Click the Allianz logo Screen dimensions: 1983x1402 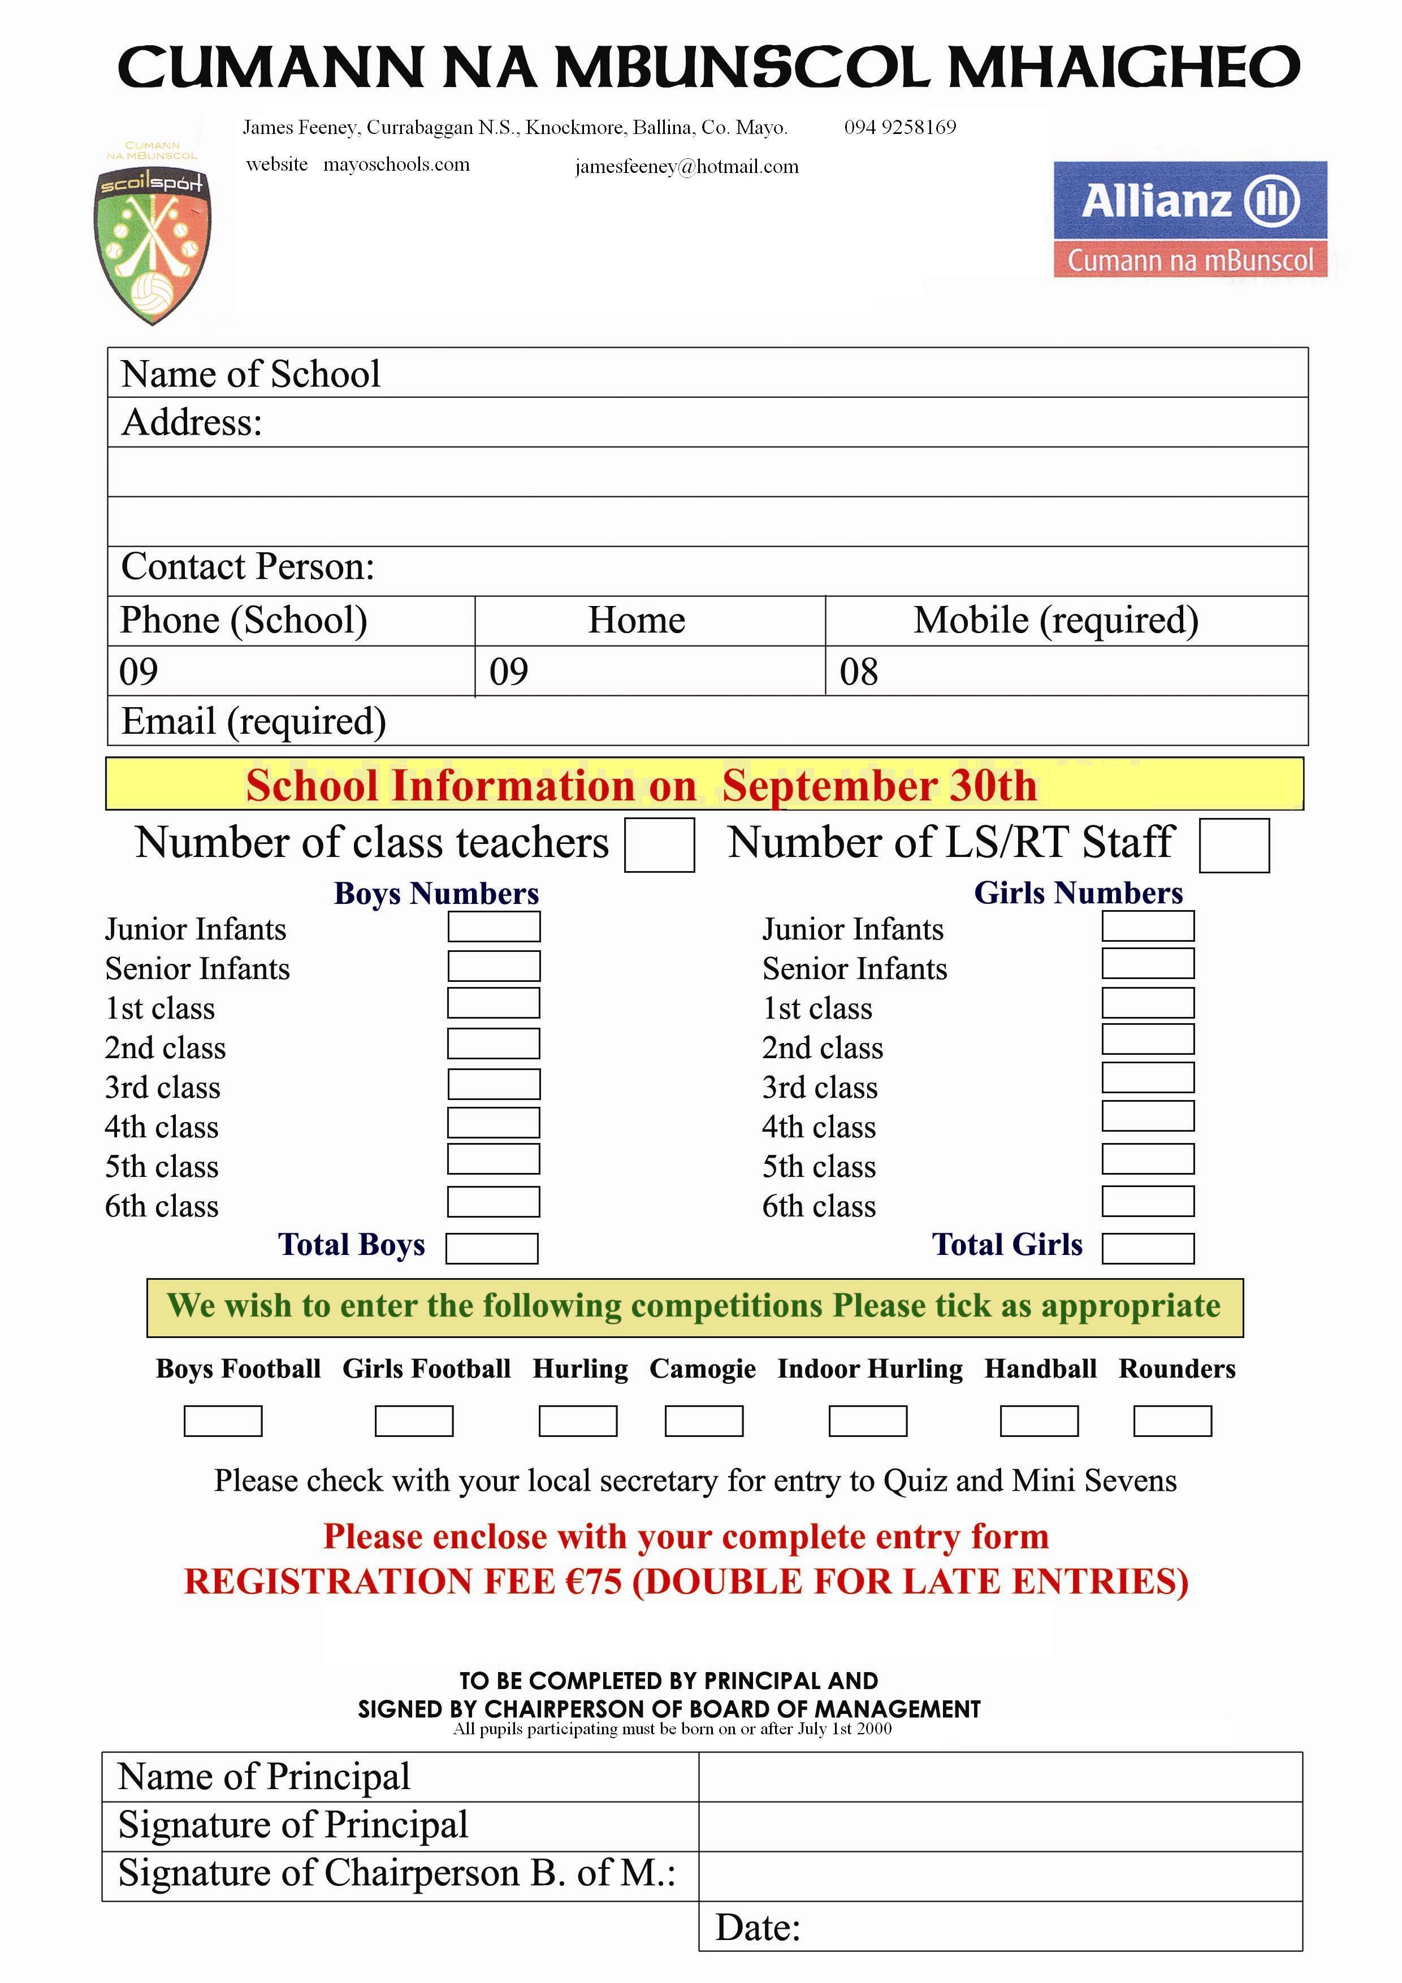1189,219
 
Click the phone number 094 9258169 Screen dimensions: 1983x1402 900,128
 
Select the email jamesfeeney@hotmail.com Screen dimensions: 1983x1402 687,167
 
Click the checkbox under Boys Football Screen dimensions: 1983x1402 223,1421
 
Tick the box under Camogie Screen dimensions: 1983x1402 703,1421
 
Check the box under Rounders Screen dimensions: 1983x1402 1172,1421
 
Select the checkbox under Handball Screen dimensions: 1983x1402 1038,1421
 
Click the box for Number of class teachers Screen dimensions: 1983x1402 659,845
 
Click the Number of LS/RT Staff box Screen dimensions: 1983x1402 1234,846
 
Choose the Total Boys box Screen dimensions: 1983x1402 491,1248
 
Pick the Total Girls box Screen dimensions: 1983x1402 1148,1248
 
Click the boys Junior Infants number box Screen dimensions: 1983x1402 494,926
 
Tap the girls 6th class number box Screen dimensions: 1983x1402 1148,1201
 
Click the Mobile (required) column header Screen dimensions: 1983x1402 1055,620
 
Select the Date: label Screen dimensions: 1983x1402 758,1928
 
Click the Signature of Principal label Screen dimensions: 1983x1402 293,1825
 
